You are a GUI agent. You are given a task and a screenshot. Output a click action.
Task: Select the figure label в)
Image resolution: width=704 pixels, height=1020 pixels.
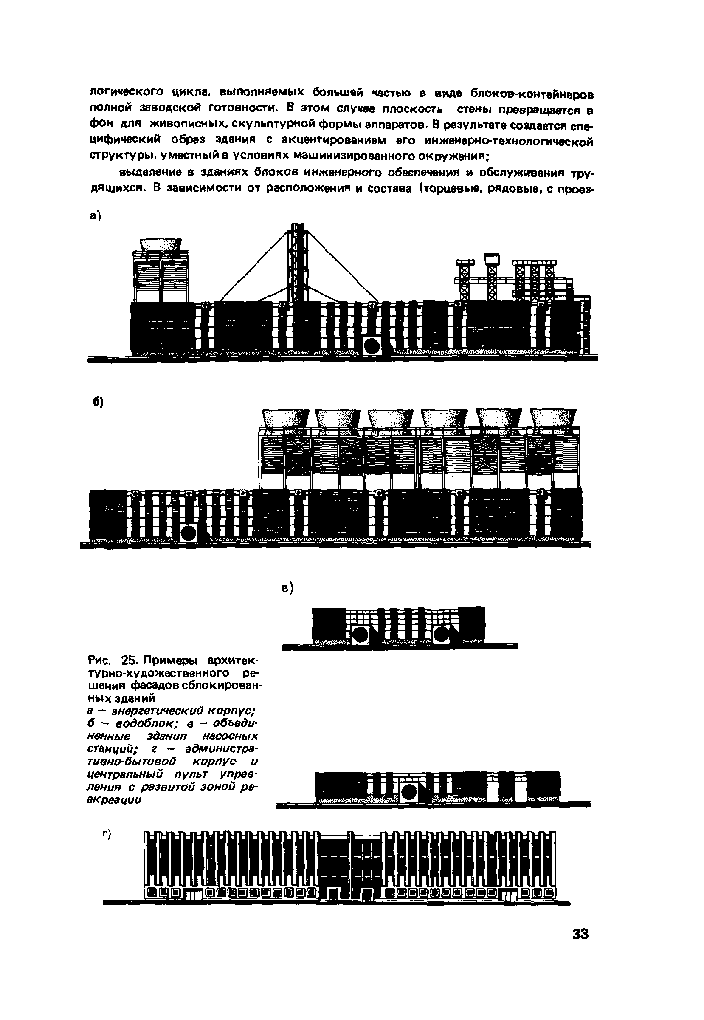[x=287, y=588]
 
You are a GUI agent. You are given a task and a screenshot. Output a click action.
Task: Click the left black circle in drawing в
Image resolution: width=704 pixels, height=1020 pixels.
[x=360, y=635]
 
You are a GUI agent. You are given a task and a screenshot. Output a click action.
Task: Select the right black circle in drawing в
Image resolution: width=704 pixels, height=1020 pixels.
[x=441, y=635]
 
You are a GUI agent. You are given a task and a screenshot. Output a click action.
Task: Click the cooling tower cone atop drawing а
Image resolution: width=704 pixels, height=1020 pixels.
[x=161, y=245]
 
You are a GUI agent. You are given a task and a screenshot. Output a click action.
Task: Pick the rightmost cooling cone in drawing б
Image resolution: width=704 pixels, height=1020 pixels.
[x=554, y=418]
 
